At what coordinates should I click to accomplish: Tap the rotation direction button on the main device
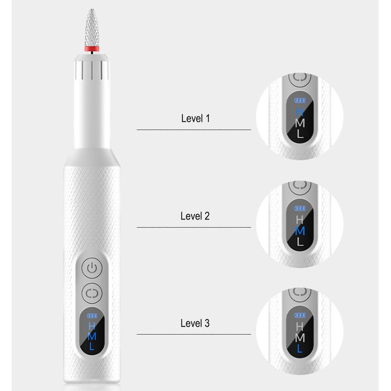tap(91, 293)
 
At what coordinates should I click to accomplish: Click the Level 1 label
tap(195, 118)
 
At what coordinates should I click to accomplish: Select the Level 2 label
tap(195, 216)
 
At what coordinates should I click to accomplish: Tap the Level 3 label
tap(195, 323)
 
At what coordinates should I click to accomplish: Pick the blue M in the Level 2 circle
tap(300, 231)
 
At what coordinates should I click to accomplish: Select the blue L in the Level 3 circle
tap(300, 348)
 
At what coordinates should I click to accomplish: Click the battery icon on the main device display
tap(91, 316)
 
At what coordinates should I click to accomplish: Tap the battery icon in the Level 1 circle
tap(299, 100)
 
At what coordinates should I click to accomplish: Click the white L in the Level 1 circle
tap(300, 134)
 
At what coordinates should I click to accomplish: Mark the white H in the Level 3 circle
tap(300, 326)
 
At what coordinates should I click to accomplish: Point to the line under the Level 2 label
tap(194, 227)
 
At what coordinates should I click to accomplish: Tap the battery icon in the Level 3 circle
tap(299, 314)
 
